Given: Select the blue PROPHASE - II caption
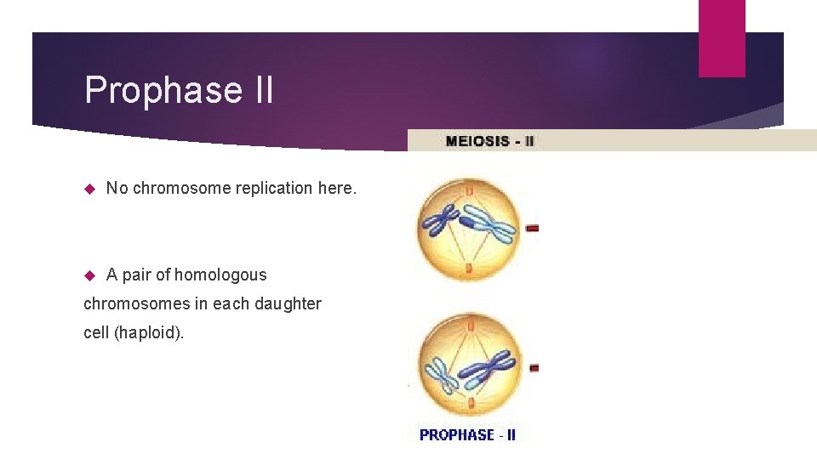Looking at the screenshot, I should [x=467, y=434].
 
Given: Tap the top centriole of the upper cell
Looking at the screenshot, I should [x=469, y=191].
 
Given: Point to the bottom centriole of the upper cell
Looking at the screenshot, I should [x=469, y=269].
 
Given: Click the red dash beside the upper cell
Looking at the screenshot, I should [x=532, y=228].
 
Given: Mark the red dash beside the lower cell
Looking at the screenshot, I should [x=532, y=368].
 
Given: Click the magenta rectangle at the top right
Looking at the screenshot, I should [x=721, y=37].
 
